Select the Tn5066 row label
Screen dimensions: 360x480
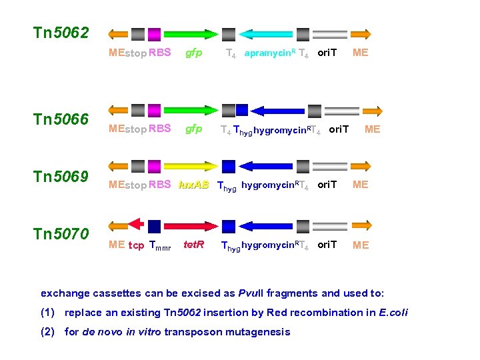(x=61, y=119)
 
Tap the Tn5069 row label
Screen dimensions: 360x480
(x=61, y=177)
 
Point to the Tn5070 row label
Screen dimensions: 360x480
(x=61, y=234)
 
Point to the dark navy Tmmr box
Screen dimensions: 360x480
(x=155, y=225)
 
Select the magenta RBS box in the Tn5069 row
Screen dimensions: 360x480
(x=154, y=167)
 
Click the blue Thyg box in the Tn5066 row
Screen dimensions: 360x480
(x=242, y=109)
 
